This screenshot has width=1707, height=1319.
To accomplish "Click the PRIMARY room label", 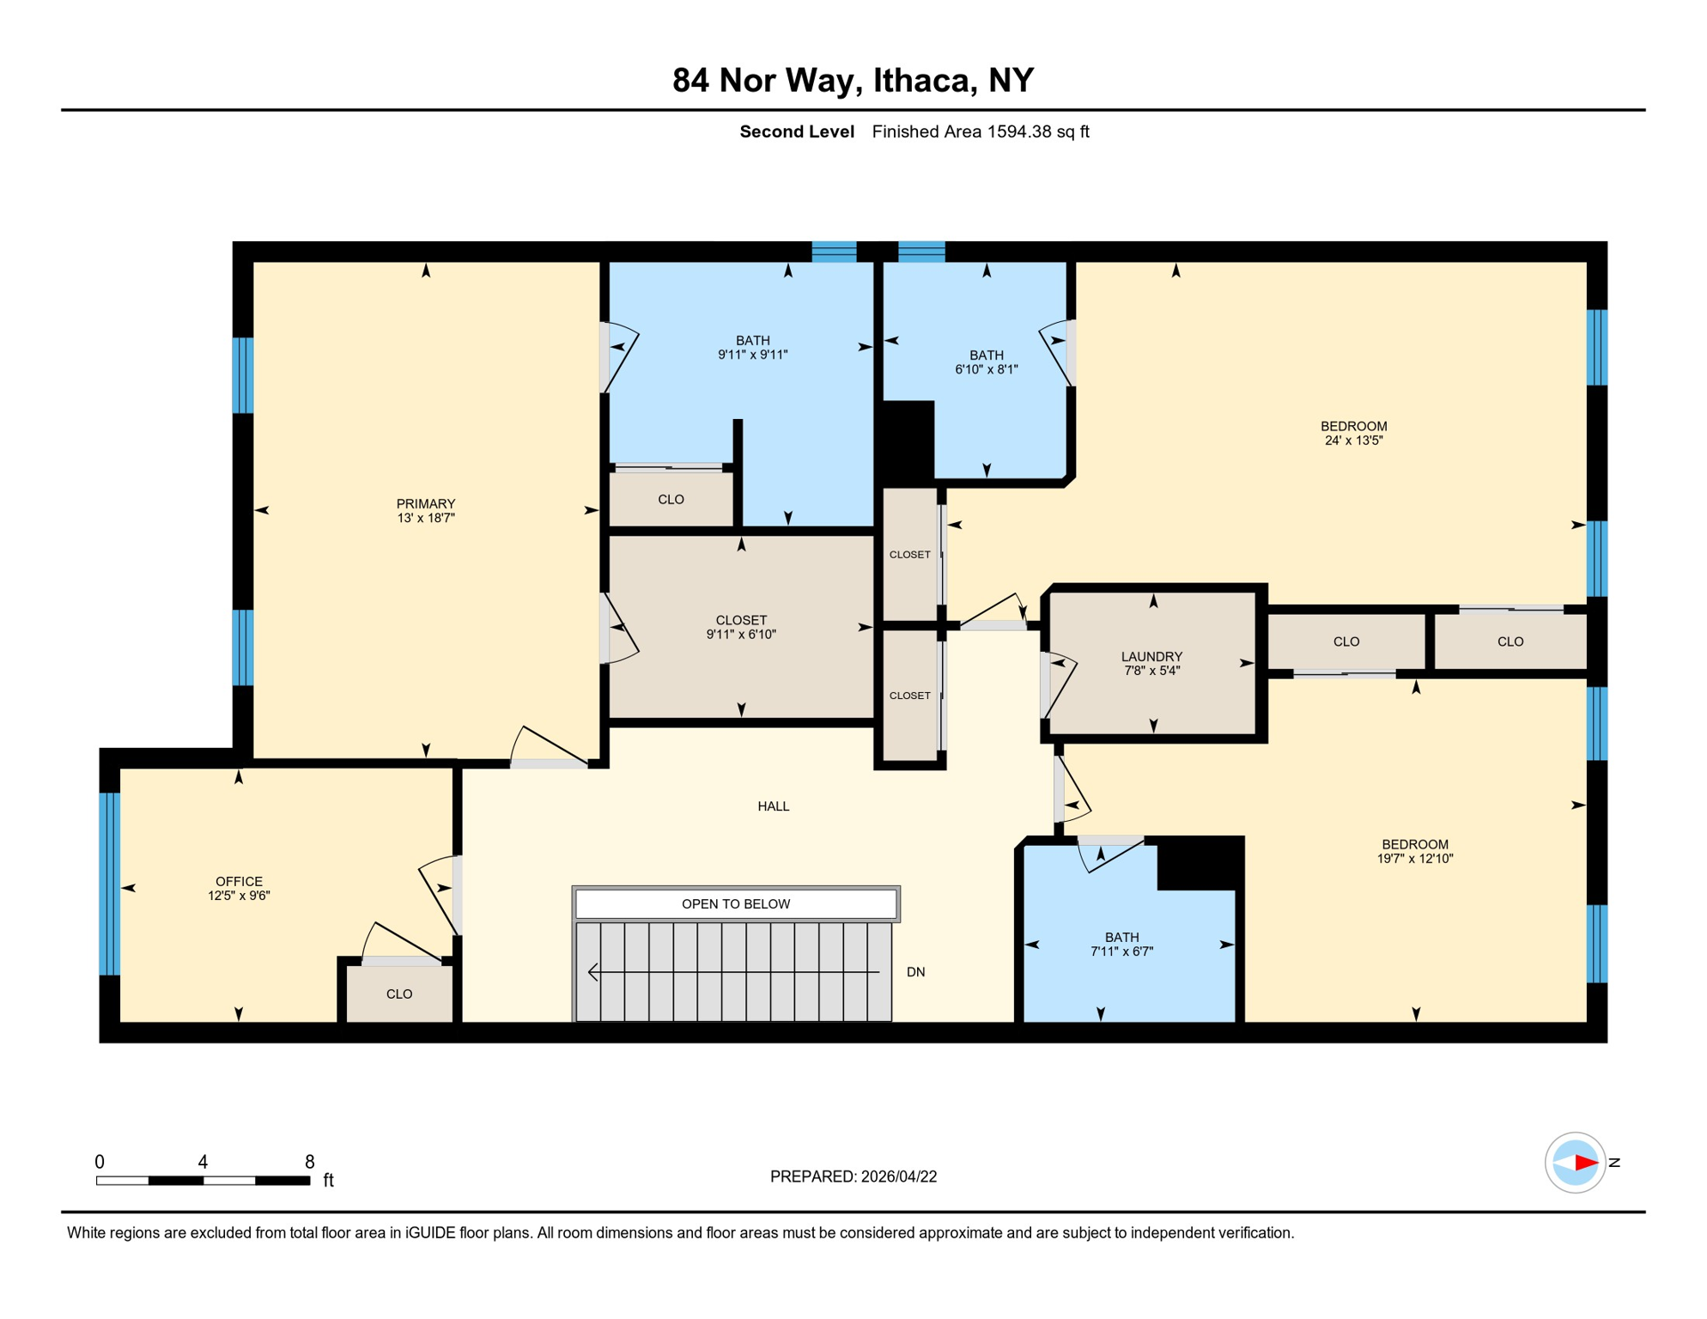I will click(x=425, y=504).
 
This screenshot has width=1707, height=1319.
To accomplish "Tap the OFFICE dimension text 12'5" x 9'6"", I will click(x=239, y=896).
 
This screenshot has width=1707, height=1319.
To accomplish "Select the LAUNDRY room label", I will click(x=1151, y=656).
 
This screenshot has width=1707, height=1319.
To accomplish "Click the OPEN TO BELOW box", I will click(x=736, y=903).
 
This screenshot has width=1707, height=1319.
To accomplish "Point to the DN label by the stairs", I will click(x=915, y=972).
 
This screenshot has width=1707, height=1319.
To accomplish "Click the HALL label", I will click(x=773, y=805).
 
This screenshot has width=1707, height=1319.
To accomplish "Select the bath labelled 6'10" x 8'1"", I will click(x=986, y=362).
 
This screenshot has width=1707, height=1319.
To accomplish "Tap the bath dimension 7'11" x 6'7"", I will click(x=1121, y=951).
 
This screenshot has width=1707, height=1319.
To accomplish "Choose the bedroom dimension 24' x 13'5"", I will click(x=1353, y=441).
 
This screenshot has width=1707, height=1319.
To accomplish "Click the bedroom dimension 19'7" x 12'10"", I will click(x=1414, y=858).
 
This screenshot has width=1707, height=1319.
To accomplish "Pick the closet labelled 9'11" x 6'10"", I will click(x=741, y=627).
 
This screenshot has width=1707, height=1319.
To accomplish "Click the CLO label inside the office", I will click(x=399, y=994).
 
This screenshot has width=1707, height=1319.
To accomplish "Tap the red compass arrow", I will click(x=1584, y=1163).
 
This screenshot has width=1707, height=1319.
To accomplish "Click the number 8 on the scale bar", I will click(x=309, y=1162).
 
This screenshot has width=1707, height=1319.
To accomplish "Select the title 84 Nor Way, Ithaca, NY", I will click(x=853, y=80).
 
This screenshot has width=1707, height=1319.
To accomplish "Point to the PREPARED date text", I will click(x=853, y=1176).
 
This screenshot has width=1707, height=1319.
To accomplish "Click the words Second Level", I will click(x=796, y=131).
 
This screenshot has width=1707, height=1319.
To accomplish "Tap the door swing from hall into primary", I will click(x=550, y=747).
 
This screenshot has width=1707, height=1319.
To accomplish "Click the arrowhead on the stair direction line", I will click(x=593, y=972).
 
